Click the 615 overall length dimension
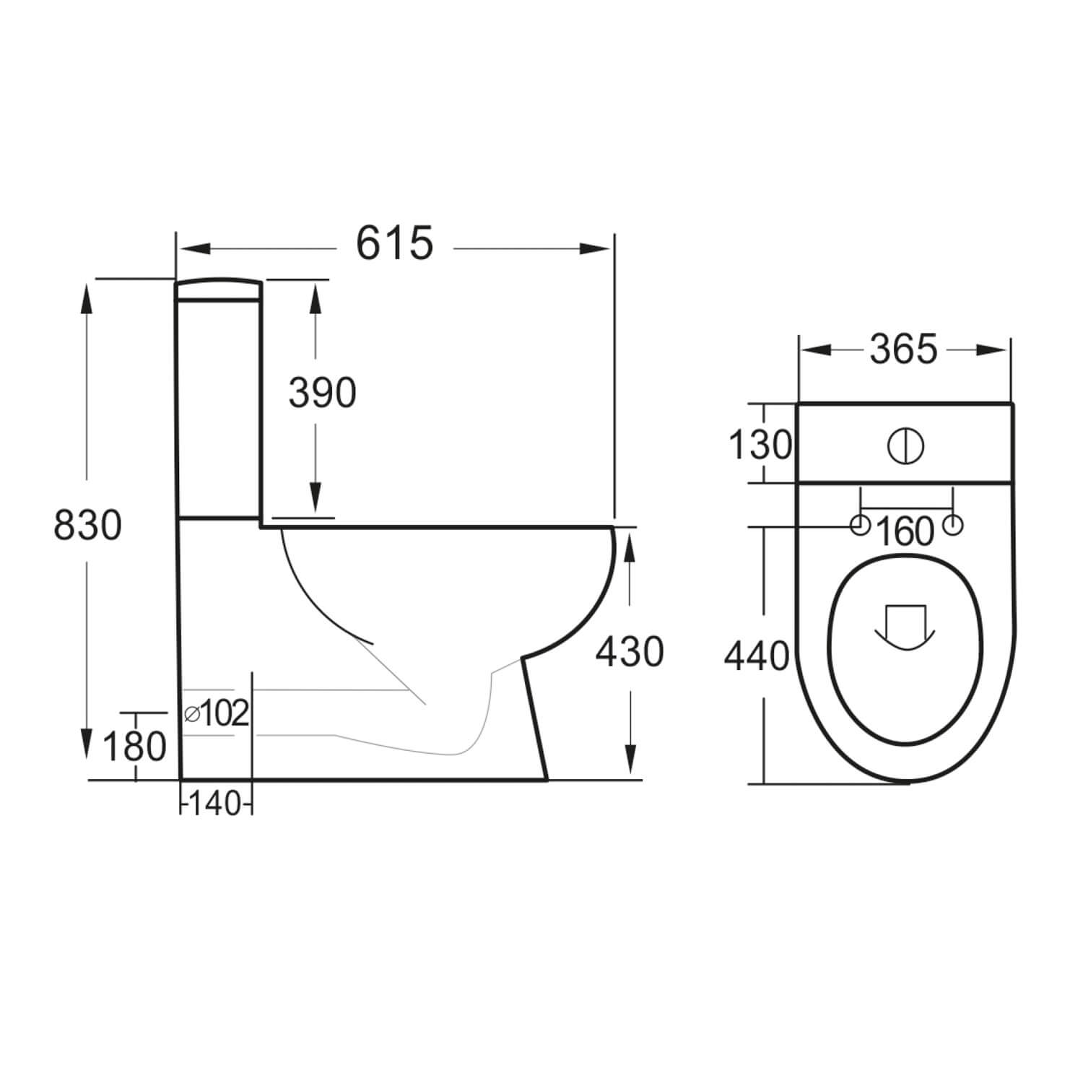(x=394, y=243)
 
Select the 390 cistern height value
(x=322, y=393)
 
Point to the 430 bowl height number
(x=629, y=653)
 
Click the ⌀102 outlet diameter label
(x=217, y=714)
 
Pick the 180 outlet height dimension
(x=134, y=747)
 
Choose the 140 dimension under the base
(x=216, y=803)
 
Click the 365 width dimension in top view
(x=903, y=350)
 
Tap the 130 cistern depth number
(x=760, y=445)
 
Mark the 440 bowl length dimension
(x=757, y=657)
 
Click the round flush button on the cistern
(x=905, y=445)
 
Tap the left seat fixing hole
(x=859, y=526)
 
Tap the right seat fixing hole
(x=954, y=526)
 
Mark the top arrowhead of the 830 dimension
(x=87, y=298)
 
